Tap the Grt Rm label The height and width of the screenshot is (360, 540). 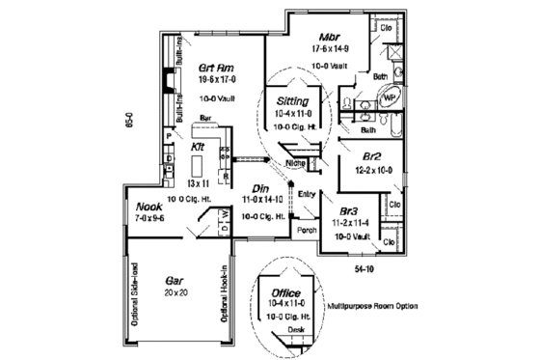(x=213, y=68)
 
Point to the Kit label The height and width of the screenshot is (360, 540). (x=199, y=147)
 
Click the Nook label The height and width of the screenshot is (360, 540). (x=148, y=207)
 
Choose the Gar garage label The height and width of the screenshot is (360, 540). (x=174, y=276)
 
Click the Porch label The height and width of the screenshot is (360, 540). (x=308, y=231)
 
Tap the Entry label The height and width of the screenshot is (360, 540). (x=308, y=194)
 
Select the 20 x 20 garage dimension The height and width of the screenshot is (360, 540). (x=175, y=291)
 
